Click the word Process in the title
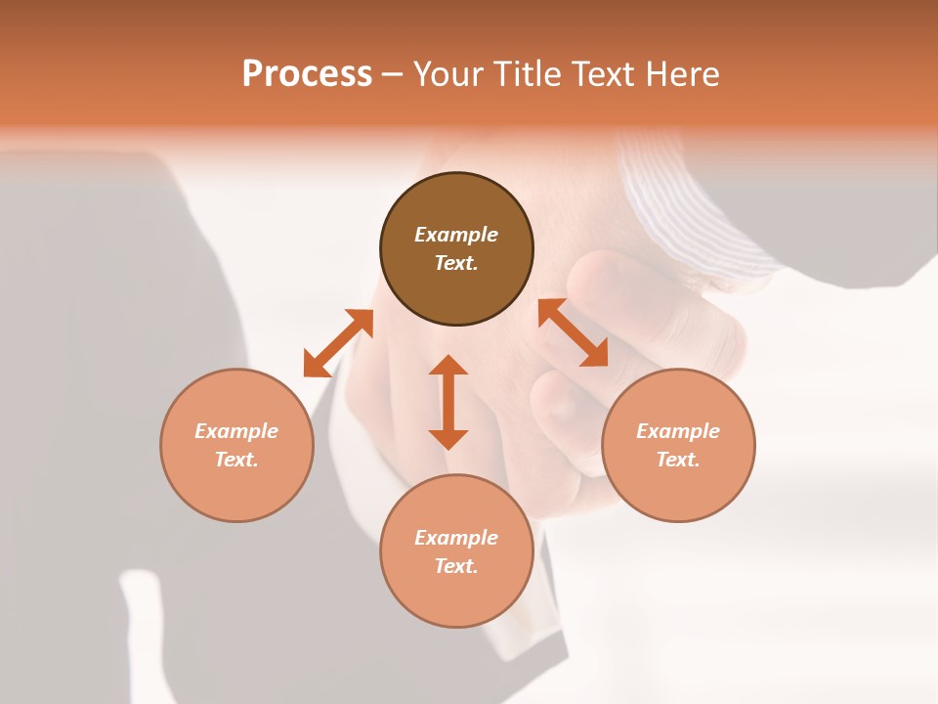tap(307, 74)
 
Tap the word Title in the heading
tap(532, 74)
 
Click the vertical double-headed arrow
tap(448, 402)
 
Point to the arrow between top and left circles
tap(338, 343)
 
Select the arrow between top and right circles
tap(573, 332)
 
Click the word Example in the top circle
tap(456, 235)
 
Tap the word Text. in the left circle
tap(236, 460)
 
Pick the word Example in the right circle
tap(678, 431)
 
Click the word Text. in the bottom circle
tap(456, 566)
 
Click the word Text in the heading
tap(604, 74)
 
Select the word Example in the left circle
tap(236, 431)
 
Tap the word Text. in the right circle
tap(678, 460)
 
